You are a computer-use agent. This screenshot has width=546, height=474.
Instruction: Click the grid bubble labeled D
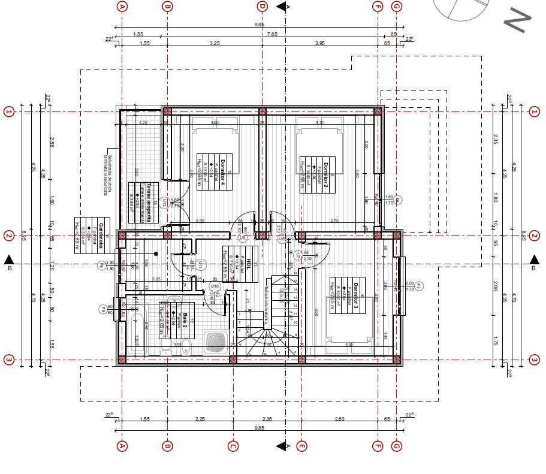coord(262,7)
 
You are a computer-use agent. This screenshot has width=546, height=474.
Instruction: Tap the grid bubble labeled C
coord(233,446)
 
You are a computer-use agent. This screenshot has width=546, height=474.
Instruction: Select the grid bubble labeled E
coord(302,446)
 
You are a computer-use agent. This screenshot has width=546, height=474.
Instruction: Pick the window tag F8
coord(103,309)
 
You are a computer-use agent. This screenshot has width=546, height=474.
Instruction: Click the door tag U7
coord(298,256)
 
